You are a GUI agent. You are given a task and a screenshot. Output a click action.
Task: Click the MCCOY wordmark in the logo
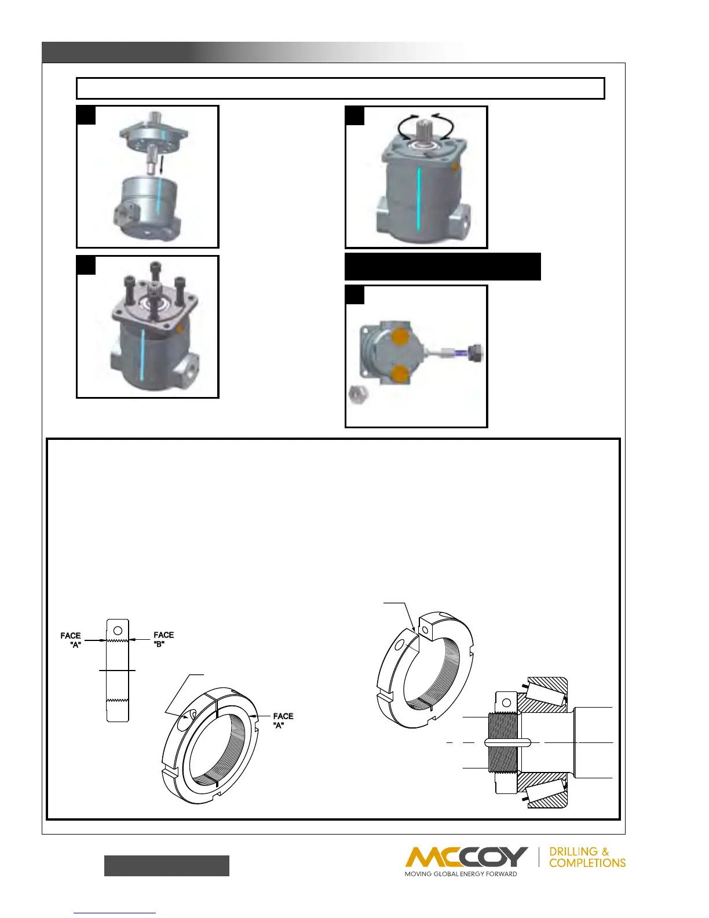tap(466, 857)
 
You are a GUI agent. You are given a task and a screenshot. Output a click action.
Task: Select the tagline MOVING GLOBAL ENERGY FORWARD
tap(461, 874)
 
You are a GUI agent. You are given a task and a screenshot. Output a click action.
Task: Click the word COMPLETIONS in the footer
tap(587, 863)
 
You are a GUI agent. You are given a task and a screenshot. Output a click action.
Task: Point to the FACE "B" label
tap(163, 639)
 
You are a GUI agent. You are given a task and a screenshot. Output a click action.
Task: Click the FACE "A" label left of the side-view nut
tap(71, 640)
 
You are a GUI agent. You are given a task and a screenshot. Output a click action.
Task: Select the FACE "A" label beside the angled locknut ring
tap(283, 720)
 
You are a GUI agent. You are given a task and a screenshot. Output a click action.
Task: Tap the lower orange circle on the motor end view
tap(399, 374)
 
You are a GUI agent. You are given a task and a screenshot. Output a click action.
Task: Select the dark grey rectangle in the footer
tap(167, 865)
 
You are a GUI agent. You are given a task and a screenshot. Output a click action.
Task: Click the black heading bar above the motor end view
tap(443, 267)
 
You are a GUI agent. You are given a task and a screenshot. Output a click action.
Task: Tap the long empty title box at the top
tap(341, 89)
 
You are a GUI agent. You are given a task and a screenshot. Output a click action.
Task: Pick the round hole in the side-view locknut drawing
tap(118, 630)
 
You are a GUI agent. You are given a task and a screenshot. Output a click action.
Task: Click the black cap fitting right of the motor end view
tap(476, 351)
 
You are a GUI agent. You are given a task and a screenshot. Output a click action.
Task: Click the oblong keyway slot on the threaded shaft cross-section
tap(507, 743)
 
